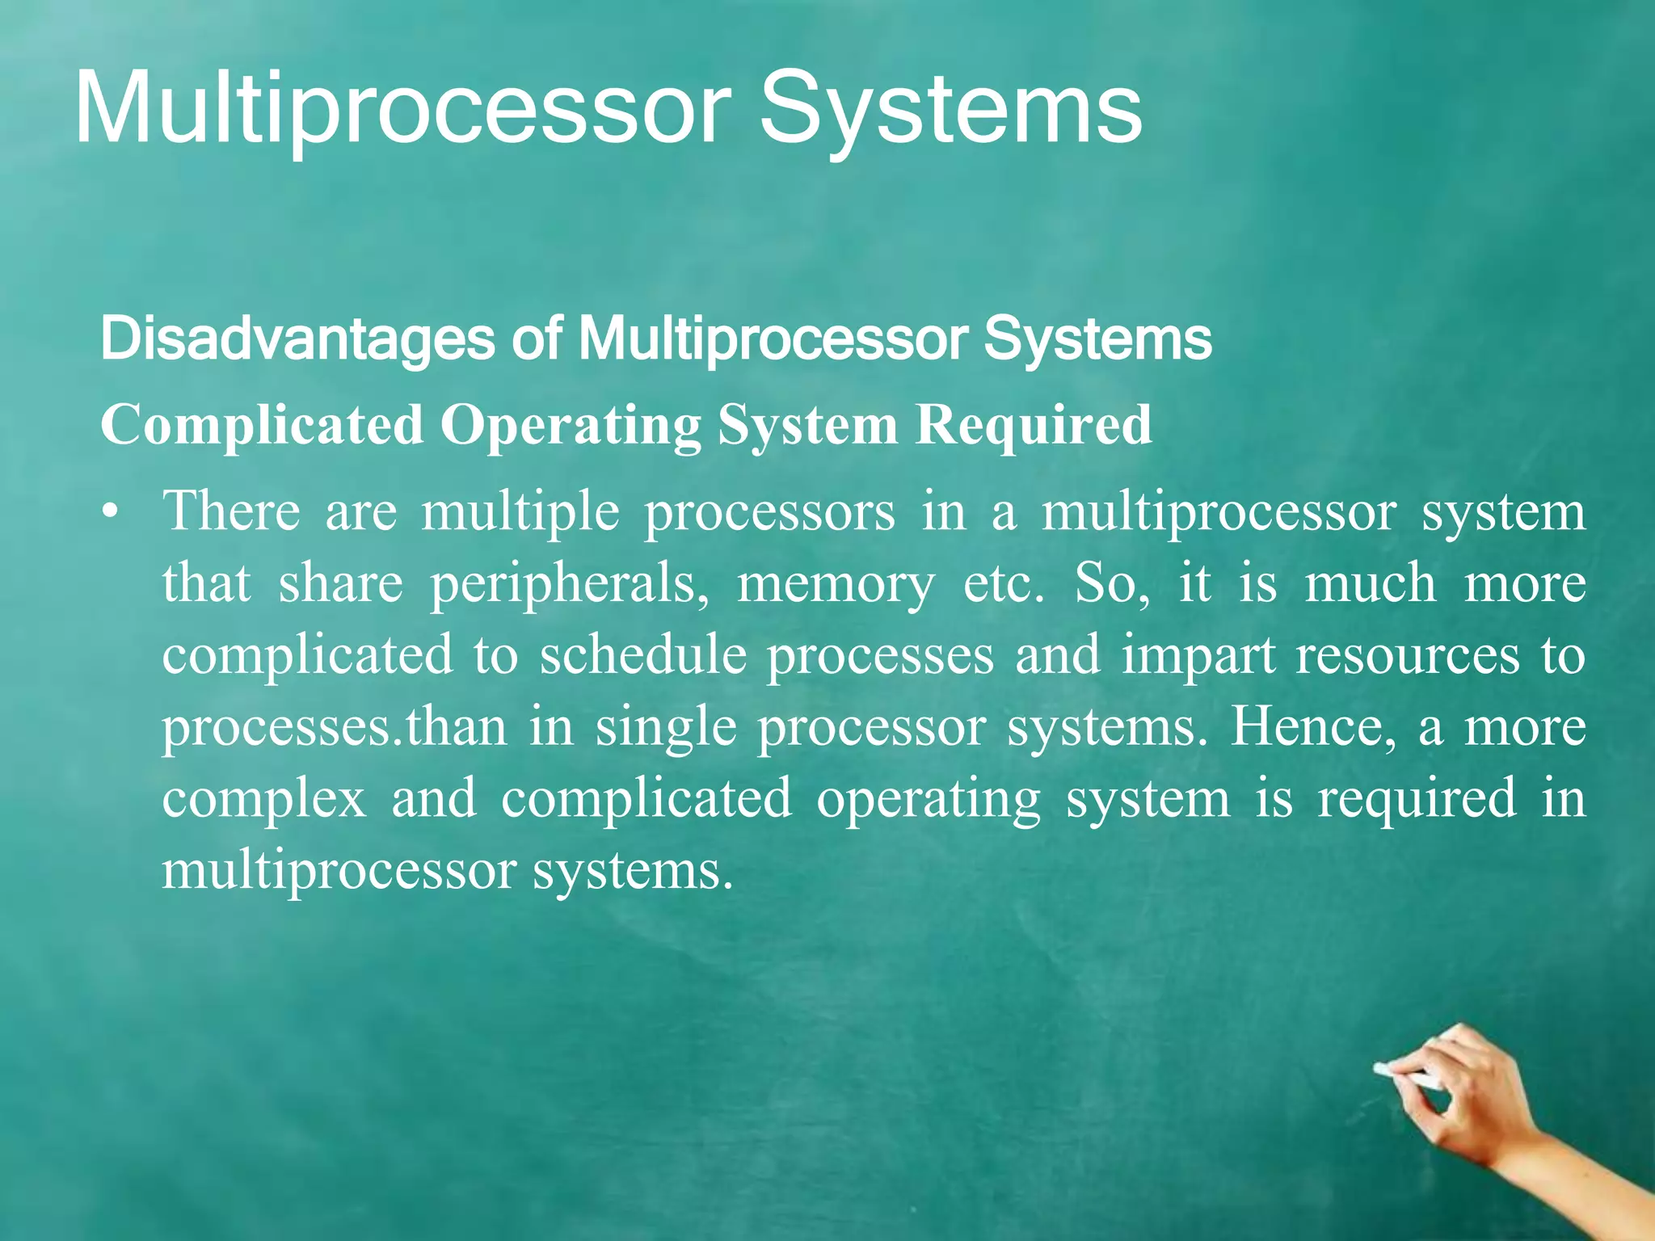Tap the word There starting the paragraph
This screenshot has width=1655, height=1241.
[230, 512]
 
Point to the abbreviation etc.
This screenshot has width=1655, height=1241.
[1003, 583]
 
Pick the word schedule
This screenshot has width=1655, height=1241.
[643, 654]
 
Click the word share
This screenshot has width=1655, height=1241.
[340, 583]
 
